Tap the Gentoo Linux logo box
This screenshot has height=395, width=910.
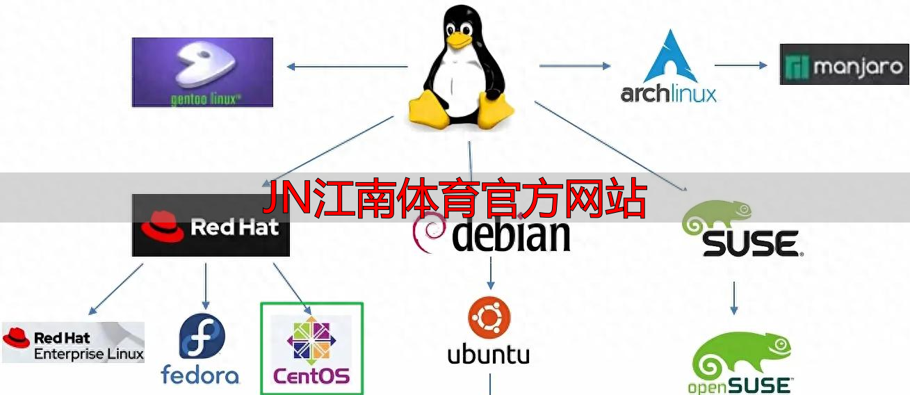[202, 72]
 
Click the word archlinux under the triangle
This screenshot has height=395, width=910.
[668, 93]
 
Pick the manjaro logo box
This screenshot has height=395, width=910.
[844, 65]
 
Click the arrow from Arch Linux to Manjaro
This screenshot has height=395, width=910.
[740, 65]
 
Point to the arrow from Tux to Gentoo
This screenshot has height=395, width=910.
[347, 67]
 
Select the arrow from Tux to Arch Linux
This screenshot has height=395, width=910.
[574, 66]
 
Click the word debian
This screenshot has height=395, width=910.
[511, 235]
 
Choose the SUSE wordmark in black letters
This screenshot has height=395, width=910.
[749, 244]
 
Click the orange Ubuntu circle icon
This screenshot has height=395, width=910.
[489, 319]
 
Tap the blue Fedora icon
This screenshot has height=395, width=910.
[202, 336]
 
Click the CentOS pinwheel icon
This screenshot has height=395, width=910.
[311, 340]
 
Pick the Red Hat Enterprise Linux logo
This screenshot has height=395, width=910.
[73, 342]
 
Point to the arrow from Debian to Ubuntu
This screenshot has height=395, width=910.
[491, 273]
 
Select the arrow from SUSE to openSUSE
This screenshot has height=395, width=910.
[733, 297]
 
